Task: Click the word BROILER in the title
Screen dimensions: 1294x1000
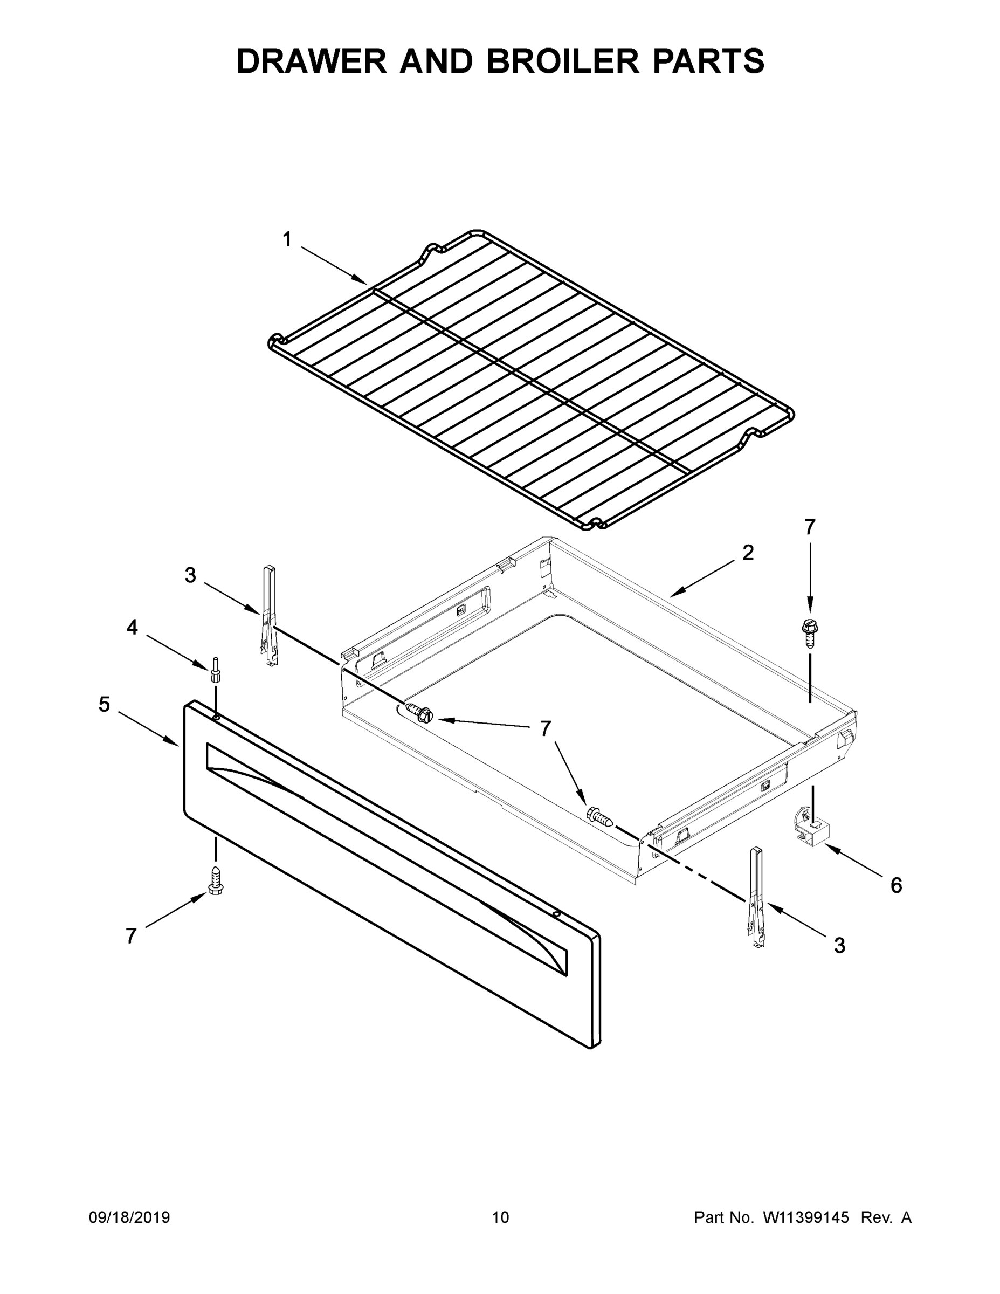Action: [x=563, y=61]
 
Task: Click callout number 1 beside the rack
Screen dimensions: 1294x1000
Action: [x=287, y=240]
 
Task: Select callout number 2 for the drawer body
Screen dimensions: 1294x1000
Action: [x=748, y=553]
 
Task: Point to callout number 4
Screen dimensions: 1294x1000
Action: [x=132, y=627]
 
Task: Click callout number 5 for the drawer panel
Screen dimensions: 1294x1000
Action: [x=104, y=705]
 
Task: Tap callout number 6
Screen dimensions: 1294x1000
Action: [x=896, y=886]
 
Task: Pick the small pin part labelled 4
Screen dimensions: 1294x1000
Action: [x=215, y=670]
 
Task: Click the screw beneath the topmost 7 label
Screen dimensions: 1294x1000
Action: [x=808, y=632]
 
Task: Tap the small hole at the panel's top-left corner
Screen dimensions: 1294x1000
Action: [x=216, y=717]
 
